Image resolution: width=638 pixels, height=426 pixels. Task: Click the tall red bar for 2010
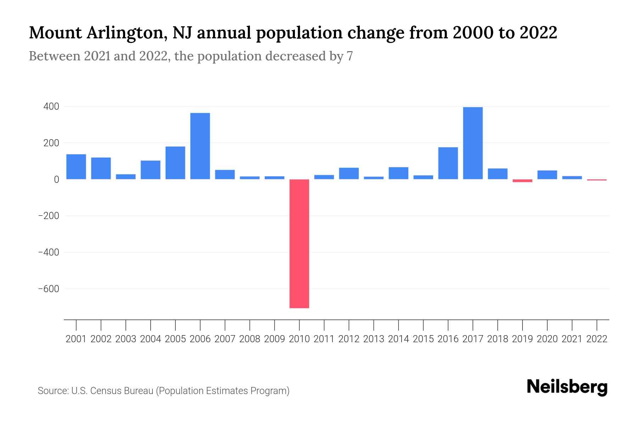pos(299,244)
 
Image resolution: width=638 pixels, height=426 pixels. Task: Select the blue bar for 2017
pos(473,143)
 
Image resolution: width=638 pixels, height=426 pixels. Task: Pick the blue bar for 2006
pos(200,146)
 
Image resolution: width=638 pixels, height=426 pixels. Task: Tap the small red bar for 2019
pos(522,181)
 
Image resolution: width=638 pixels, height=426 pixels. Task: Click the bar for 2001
pos(76,166)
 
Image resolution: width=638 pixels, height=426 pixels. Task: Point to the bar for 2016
pos(448,163)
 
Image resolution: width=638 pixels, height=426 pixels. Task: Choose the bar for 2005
pos(175,163)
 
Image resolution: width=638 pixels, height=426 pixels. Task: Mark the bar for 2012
pos(349,173)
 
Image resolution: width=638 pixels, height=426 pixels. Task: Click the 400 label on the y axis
pos(51,106)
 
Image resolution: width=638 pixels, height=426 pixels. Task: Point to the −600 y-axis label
pos(49,289)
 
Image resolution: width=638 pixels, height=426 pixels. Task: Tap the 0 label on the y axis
pos(56,180)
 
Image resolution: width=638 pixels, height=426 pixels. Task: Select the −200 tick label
pos(49,216)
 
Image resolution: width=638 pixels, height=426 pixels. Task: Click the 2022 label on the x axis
pos(597,339)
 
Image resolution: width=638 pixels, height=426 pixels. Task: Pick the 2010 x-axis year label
pos(299,339)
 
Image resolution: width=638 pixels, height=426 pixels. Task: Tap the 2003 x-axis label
pos(126,339)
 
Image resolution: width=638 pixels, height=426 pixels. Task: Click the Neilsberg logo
pos(567,387)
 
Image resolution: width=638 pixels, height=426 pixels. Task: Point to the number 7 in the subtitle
pos(349,56)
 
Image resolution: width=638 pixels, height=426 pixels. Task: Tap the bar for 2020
pos(547,175)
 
